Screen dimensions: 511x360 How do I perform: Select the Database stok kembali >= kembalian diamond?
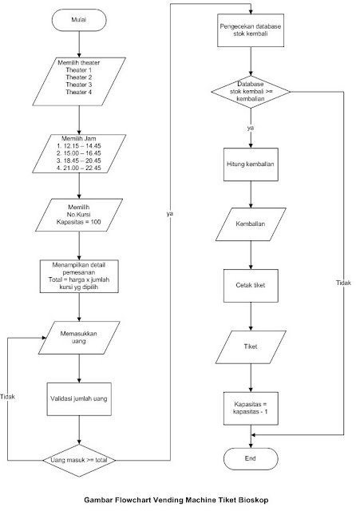click(251, 92)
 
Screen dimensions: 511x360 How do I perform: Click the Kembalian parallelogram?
click(251, 226)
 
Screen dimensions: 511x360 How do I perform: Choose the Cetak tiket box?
click(251, 286)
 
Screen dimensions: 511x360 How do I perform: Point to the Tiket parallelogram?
click(251, 348)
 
